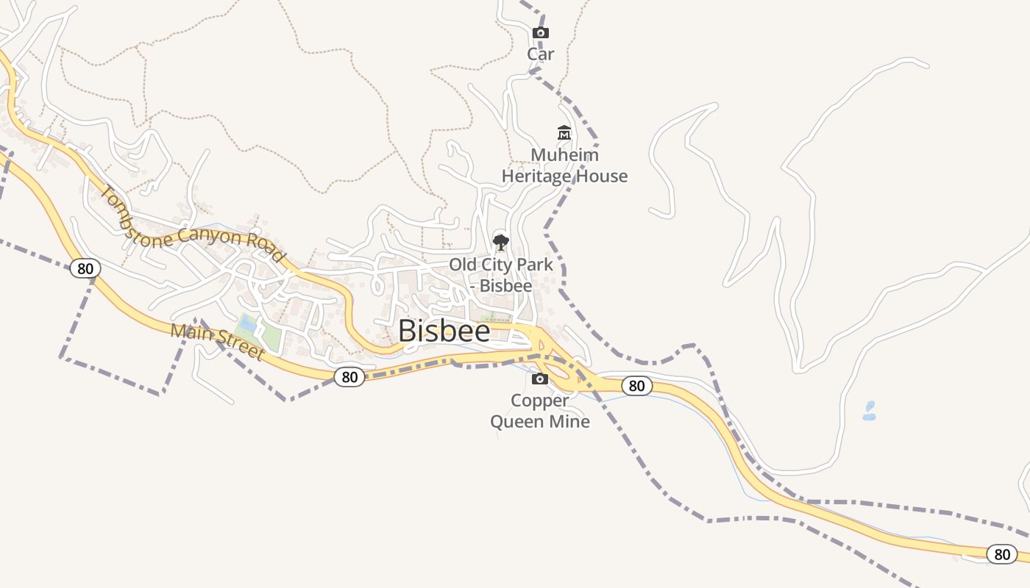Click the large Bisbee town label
click(x=444, y=331)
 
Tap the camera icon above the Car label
click(x=541, y=33)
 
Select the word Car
click(x=541, y=54)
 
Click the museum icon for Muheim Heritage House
click(x=564, y=133)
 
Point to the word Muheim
click(x=564, y=155)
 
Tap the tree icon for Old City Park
click(x=501, y=242)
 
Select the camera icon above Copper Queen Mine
click(x=540, y=379)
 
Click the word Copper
click(x=540, y=401)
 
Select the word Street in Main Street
click(x=240, y=348)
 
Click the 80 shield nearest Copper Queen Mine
click(x=636, y=386)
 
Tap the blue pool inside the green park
click(x=248, y=324)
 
